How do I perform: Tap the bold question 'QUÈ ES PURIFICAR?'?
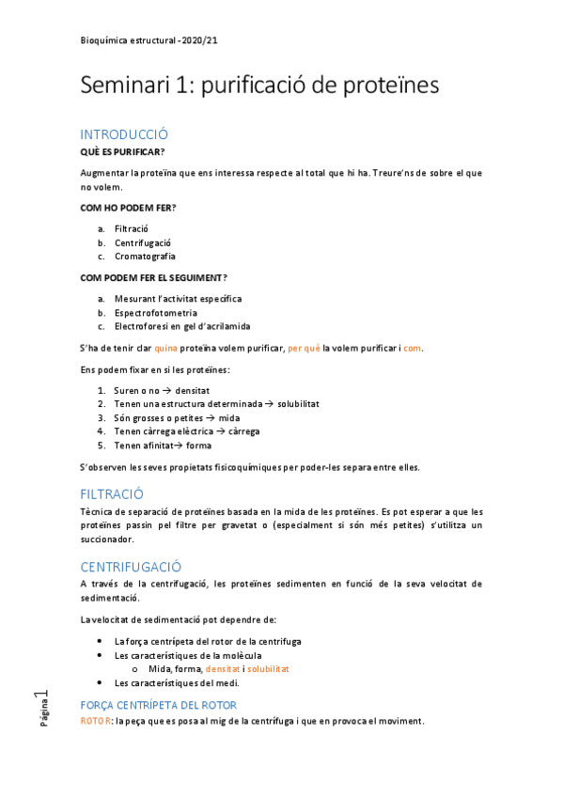122,151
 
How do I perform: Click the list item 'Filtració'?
132,228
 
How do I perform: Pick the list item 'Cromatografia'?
145,256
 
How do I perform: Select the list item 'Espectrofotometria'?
156,313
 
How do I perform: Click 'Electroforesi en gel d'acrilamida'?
182,326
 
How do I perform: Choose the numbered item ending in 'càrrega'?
187,431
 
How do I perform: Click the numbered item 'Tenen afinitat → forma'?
163,445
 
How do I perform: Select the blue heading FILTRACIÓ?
111,492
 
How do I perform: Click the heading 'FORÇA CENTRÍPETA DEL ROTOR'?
158,705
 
